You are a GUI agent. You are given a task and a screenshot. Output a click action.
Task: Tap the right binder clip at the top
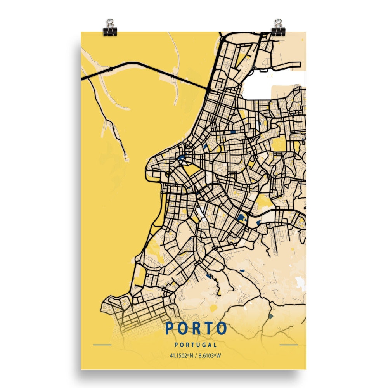[278, 28]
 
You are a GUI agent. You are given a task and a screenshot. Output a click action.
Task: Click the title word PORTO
[196, 328]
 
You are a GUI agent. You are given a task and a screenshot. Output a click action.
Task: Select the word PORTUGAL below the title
[196, 345]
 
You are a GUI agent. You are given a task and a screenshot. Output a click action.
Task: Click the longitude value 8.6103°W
[210, 355]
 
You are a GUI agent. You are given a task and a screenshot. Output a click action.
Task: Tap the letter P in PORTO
[170, 328]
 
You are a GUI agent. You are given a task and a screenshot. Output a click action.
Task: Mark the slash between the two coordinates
[196, 355]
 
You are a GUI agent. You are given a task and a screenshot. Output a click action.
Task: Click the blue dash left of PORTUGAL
[102, 345]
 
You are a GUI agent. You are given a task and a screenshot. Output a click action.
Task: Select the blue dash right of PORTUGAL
[289, 345]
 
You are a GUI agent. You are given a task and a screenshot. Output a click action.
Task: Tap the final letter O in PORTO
[222, 328]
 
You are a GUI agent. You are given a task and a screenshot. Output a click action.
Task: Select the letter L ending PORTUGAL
[215, 345]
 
